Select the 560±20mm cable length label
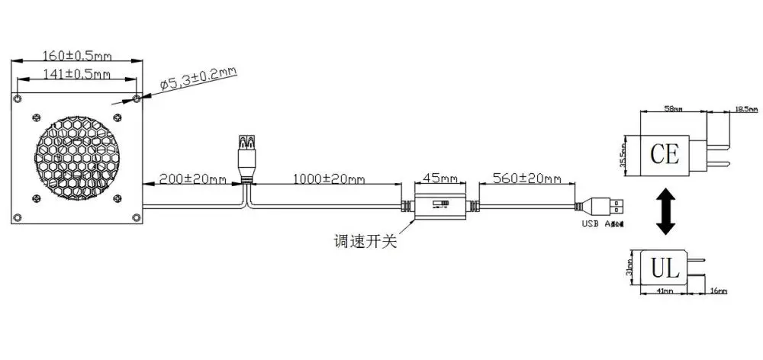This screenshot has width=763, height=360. [526, 180]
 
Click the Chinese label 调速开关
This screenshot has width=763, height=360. [365, 243]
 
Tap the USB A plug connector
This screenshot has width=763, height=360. [607, 204]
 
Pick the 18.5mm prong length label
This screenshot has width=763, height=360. [745, 110]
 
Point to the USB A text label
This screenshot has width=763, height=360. [602, 224]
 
